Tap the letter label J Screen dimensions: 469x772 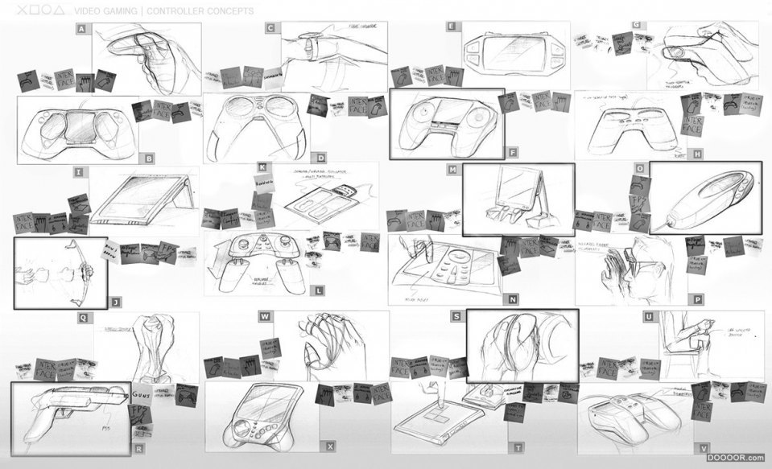pos(116,302)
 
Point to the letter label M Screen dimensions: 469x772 pos(452,171)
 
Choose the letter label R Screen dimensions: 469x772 pos(139,447)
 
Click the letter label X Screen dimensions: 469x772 pos(329,446)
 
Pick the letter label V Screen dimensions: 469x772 pos(704,447)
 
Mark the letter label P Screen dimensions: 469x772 pos(697,299)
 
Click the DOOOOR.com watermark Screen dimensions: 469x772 pos(736,458)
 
